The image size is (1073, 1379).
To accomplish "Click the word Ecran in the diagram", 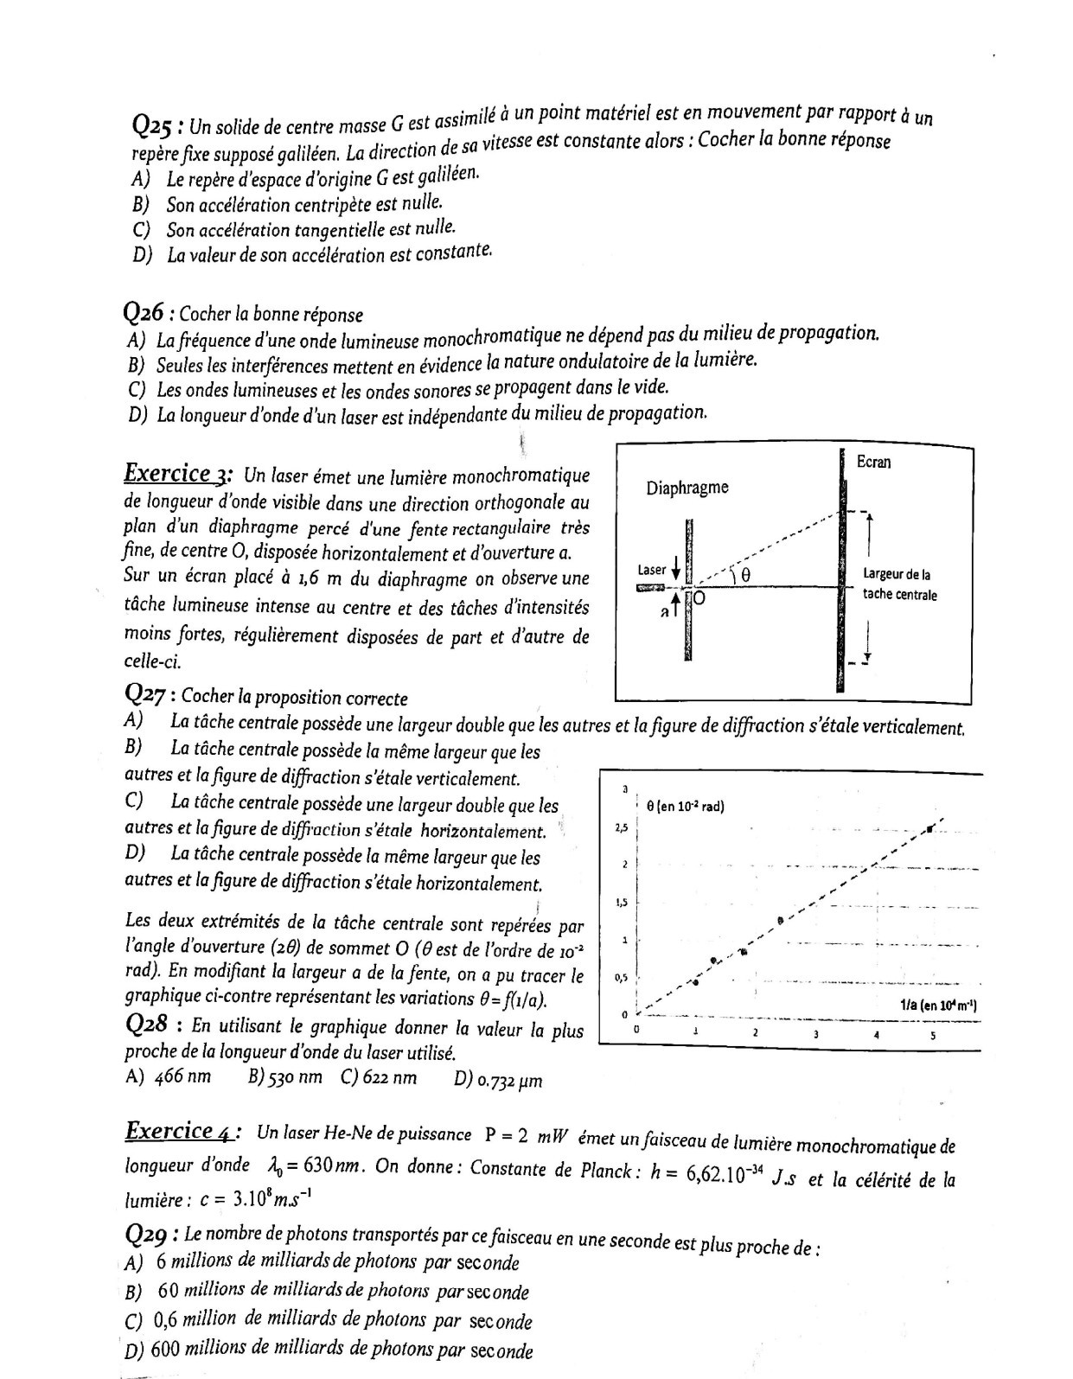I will point(873,463).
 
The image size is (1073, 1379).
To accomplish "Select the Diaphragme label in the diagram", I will point(687,488).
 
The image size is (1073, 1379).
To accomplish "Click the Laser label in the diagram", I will point(651,570).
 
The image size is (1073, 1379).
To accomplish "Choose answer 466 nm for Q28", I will point(182,1078).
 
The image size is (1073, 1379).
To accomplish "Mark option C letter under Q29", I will point(133,1321).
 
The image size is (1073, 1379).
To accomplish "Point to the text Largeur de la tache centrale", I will point(899,584).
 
